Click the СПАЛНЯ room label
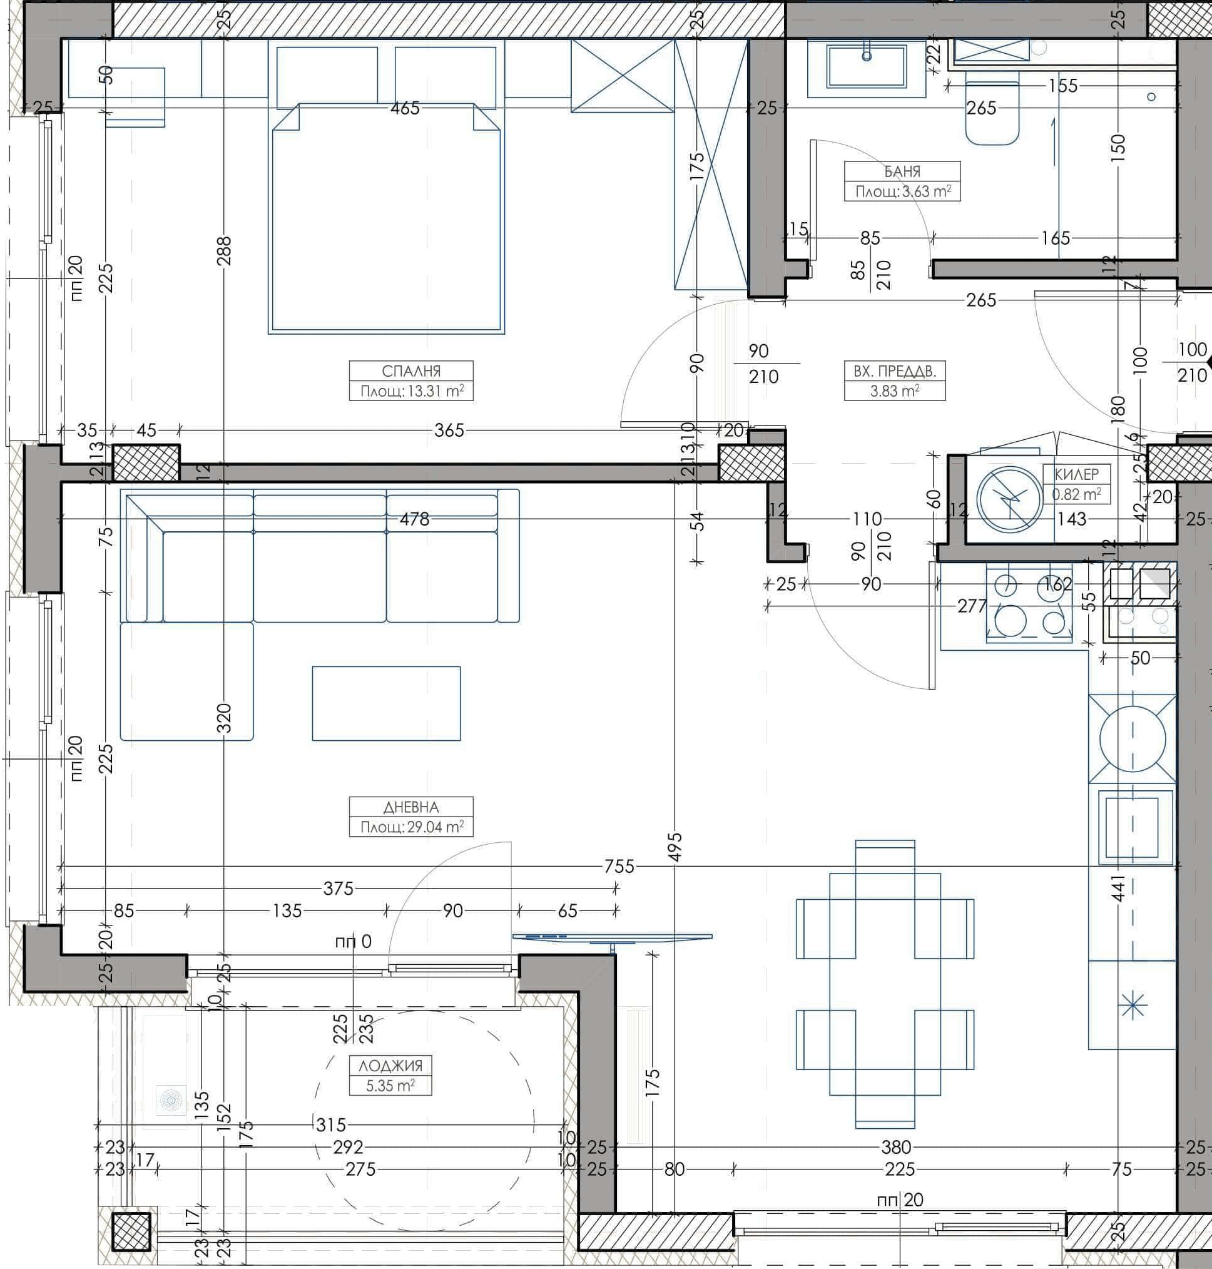tap(411, 371)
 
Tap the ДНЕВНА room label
tap(411, 807)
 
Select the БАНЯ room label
tap(902, 172)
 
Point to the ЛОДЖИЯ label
tap(390, 1066)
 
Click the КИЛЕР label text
tap(1076, 474)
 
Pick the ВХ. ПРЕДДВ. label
tap(894, 371)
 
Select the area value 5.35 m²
tap(390, 1086)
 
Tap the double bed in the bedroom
tap(386, 220)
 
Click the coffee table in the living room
tap(386, 703)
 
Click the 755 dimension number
tap(619, 867)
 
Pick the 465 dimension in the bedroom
tap(405, 108)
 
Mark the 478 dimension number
tap(414, 519)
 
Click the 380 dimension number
tap(896, 1148)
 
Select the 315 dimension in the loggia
tap(332, 1125)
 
